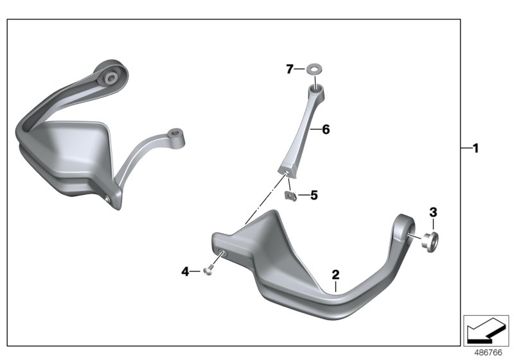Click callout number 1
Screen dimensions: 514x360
coord(475,148)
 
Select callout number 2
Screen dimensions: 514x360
coord(335,274)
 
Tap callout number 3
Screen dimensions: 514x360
coord(433,212)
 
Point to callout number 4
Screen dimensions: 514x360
coord(185,271)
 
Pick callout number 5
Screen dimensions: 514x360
coord(314,195)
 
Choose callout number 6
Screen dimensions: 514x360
coord(326,129)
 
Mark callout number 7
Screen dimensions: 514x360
coord(289,69)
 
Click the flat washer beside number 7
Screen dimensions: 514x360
coord(314,69)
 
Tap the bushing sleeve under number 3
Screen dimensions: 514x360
coord(429,242)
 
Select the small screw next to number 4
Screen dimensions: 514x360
coord(208,271)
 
